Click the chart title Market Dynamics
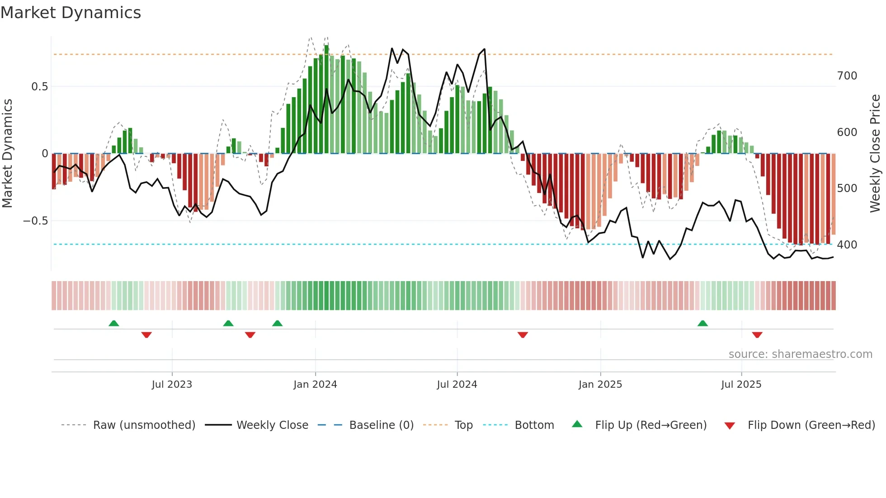(x=71, y=13)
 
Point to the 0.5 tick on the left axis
(x=39, y=86)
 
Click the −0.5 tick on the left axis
(x=36, y=221)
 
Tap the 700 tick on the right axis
(x=847, y=76)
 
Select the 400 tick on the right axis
(x=847, y=245)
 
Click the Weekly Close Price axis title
(x=875, y=154)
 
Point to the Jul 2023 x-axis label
(x=172, y=385)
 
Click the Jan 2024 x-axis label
(x=315, y=385)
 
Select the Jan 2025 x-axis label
(x=600, y=385)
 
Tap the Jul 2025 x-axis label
(x=741, y=385)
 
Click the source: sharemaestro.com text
(x=800, y=354)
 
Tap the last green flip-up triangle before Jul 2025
(x=702, y=324)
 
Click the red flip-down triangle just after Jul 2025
(x=757, y=335)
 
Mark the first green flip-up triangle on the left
(x=114, y=324)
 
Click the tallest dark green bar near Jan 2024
(x=326, y=99)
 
